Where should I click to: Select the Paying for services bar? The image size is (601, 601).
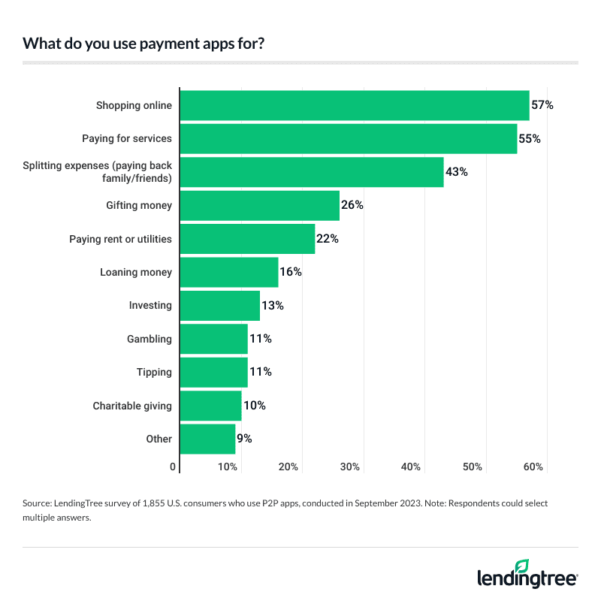349,138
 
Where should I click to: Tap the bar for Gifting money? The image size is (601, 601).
260,205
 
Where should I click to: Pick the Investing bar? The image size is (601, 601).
220,305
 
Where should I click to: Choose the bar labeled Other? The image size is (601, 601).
208,439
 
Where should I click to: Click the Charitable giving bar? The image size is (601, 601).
211,406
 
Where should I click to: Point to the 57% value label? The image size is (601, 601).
542,105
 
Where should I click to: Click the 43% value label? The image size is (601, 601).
457,172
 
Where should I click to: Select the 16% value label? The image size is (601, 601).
291,272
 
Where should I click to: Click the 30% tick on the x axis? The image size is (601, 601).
350,467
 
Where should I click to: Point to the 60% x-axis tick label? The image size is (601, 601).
533,467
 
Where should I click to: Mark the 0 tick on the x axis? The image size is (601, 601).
174,467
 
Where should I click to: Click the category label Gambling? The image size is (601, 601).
149,339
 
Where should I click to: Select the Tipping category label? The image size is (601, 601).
154,372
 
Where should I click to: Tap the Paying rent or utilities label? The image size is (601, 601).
120,239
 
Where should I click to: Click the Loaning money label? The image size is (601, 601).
136,272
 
